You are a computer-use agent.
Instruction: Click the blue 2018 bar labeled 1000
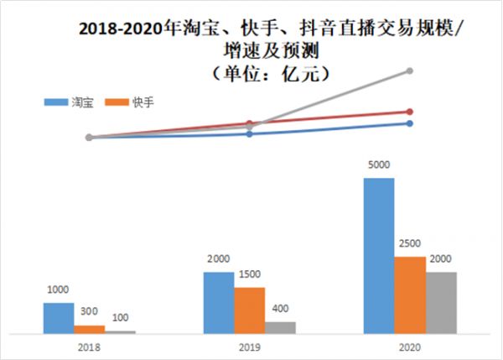59,319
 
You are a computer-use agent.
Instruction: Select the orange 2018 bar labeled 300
89,330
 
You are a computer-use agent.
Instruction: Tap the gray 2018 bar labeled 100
120,332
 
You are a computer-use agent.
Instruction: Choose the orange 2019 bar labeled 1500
249,310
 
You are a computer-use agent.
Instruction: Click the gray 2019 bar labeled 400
280,328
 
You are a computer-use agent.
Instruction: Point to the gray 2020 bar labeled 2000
440,303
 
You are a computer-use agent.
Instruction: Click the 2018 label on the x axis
89,347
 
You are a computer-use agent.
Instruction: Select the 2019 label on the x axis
249,347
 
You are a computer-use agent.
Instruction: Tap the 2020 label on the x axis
409,347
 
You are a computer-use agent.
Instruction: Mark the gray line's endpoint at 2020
410,70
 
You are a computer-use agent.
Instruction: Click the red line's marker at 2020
410,111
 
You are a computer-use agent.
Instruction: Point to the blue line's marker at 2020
410,123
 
